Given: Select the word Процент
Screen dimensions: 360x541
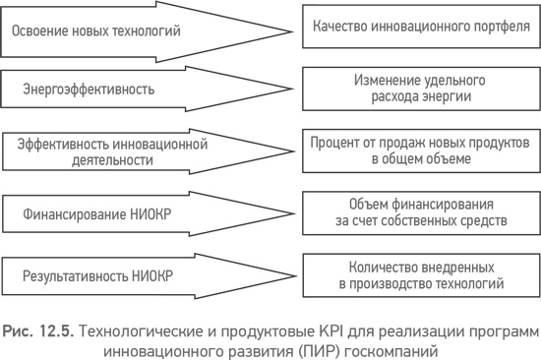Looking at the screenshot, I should [338, 143].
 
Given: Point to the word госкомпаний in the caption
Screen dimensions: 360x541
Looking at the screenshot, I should [384, 346].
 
